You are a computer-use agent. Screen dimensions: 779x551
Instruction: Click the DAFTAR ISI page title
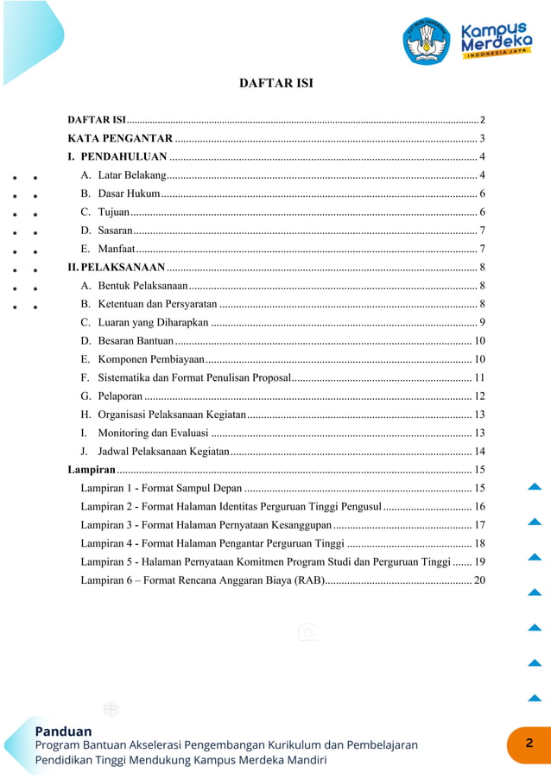(x=275, y=84)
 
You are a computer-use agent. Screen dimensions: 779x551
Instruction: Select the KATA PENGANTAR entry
(x=120, y=138)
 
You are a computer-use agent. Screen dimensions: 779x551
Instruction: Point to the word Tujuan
(x=114, y=212)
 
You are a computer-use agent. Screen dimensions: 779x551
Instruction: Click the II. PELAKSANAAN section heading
(x=117, y=267)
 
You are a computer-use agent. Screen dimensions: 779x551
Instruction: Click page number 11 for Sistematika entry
(x=479, y=377)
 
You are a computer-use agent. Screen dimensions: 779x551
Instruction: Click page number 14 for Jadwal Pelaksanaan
(x=479, y=452)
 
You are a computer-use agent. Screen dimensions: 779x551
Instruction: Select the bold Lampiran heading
(x=92, y=470)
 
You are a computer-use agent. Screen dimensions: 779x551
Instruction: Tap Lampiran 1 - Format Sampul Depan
(x=161, y=489)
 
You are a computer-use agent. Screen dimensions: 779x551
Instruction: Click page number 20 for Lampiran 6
(x=479, y=579)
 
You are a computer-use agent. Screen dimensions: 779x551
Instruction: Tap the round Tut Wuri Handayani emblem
(x=426, y=40)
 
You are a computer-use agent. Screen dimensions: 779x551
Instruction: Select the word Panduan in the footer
(x=63, y=731)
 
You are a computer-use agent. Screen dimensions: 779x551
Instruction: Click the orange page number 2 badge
(x=529, y=744)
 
